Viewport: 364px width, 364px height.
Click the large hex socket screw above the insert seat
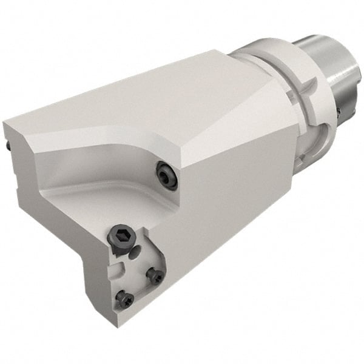120,235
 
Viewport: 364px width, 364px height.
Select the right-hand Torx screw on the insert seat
156,276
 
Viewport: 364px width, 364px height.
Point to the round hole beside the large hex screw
136,250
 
